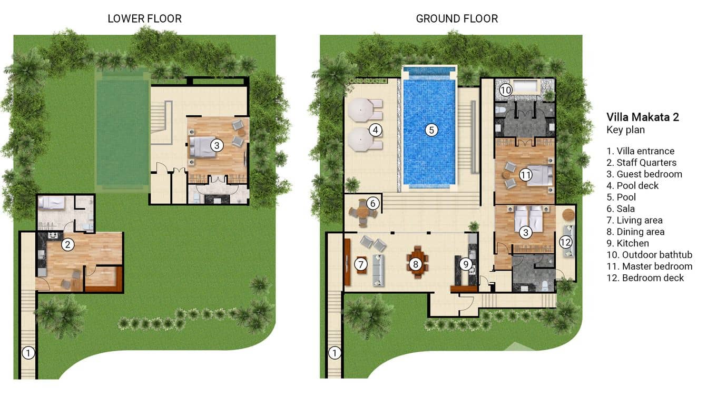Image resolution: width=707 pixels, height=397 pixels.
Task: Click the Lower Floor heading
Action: (144, 18)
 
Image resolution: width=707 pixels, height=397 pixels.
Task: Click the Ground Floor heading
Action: (457, 18)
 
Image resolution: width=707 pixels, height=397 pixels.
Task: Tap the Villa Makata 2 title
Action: (643, 117)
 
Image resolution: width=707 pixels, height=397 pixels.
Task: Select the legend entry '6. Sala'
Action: (621, 209)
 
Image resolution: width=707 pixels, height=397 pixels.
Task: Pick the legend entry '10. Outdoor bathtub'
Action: (649, 254)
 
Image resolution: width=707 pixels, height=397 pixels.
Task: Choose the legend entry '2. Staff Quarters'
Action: (641, 162)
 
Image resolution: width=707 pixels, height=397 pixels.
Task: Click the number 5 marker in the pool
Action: (431, 130)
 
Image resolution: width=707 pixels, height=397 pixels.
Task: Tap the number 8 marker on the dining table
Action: (415, 264)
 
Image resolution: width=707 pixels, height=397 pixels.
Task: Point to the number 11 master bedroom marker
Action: (526, 175)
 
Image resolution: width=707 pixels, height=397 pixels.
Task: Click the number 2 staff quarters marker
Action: (67, 244)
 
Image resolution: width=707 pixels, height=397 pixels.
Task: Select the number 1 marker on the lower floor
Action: (28, 353)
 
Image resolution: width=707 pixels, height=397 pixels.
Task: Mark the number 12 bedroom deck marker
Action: (565, 242)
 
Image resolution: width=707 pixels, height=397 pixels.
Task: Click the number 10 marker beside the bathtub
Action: (505, 90)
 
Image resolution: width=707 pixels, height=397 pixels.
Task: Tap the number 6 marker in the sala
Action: (373, 203)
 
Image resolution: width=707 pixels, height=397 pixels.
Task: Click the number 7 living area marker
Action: (361, 264)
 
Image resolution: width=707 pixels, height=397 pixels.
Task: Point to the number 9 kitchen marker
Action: (466, 264)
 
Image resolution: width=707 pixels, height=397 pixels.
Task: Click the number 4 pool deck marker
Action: (375, 130)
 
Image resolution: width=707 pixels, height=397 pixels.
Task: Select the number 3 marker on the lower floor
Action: (217, 145)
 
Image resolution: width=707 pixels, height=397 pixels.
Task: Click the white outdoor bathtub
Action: (526, 86)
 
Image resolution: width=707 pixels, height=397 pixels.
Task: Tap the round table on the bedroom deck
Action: (568, 214)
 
